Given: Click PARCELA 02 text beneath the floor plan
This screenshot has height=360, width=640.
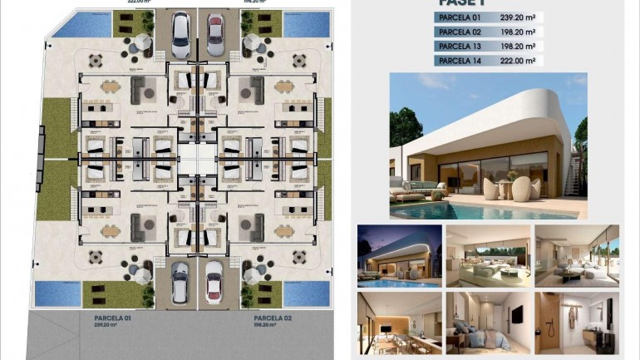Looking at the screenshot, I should pos(272,318).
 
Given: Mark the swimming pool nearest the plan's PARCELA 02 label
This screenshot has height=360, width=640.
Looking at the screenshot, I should pos(306,293).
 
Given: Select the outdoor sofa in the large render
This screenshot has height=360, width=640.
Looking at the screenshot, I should pos(407,195).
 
